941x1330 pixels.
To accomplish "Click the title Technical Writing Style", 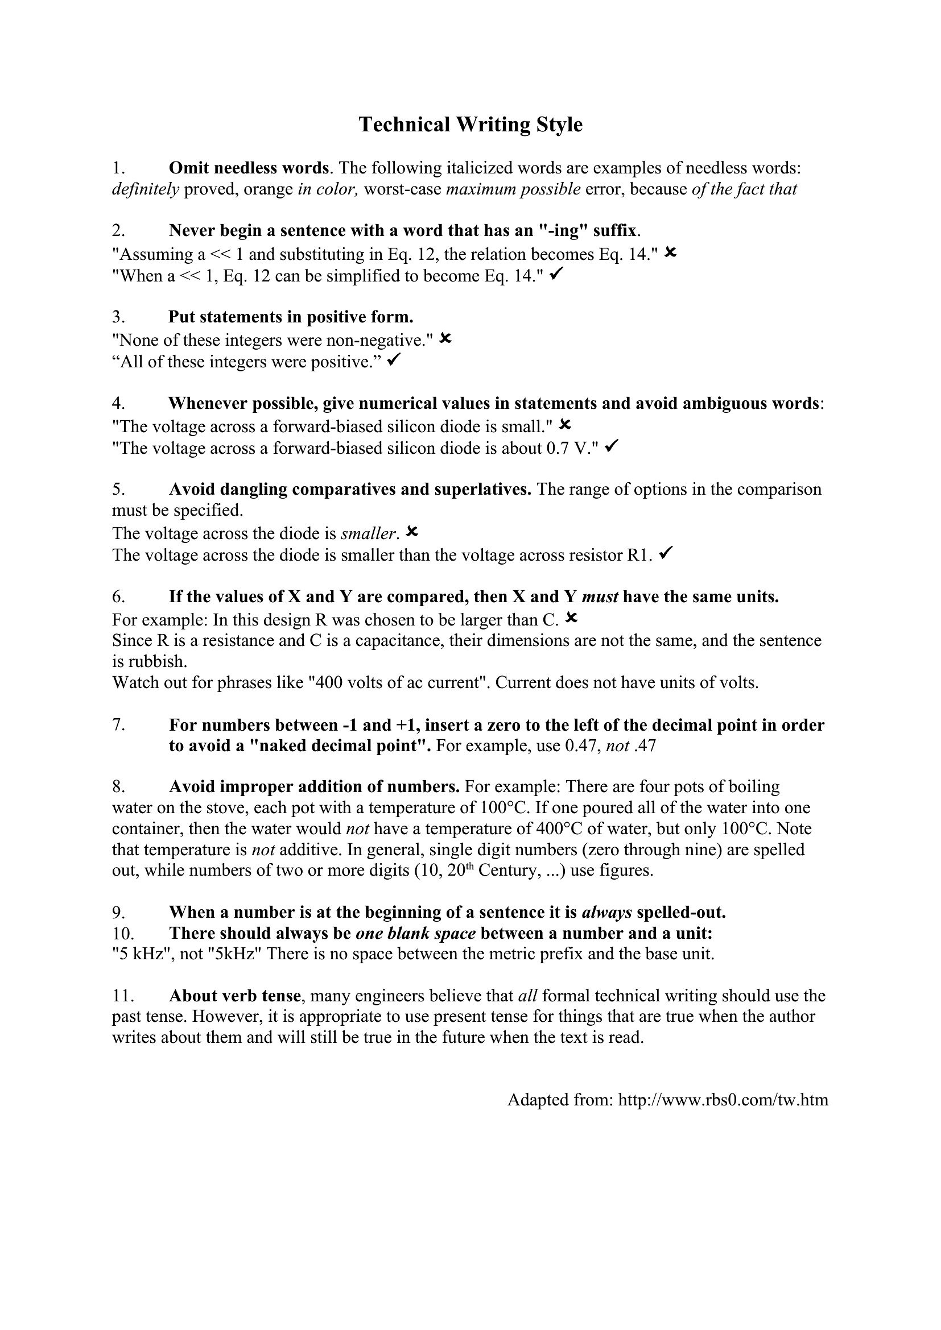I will coord(470,125).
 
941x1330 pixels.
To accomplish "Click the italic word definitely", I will coord(146,189).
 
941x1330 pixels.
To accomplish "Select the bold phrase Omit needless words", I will coord(249,168).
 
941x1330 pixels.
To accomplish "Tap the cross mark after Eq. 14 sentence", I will coord(670,252).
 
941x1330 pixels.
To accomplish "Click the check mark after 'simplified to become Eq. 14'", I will coord(555,275).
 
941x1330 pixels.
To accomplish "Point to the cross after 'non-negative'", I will coord(445,338).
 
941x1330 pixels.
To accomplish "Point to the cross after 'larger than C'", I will coord(571,618).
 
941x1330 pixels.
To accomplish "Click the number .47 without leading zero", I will coord(645,745).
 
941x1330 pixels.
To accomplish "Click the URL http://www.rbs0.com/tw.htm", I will coord(723,1100).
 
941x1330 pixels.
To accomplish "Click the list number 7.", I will coord(118,724).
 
